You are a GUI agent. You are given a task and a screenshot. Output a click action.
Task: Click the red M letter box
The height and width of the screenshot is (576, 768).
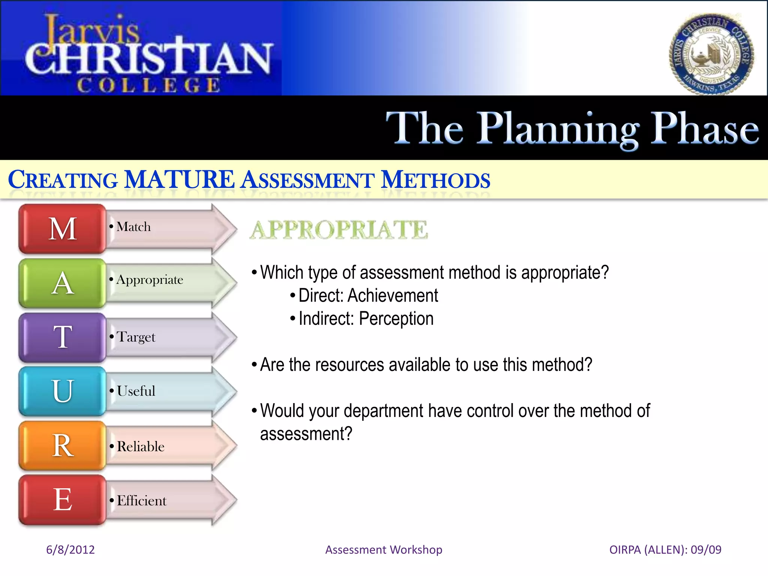tap(62, 229)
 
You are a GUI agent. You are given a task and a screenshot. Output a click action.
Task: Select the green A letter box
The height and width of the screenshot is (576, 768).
tap(62, 283)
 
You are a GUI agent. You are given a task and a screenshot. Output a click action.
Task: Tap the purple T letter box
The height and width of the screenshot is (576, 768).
tap(62, 337)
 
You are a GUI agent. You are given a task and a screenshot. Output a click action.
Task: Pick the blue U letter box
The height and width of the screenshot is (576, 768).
tap(62, 391)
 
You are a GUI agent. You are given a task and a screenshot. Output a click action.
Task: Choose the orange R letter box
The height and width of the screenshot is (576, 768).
tap(62, 445)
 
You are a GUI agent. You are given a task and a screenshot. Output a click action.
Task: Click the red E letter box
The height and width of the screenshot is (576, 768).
tap(62, 499)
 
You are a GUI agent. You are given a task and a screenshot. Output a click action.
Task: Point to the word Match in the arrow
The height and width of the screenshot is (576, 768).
tap(133, 227)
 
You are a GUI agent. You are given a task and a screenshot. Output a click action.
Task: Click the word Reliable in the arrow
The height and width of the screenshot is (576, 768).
tap(141, 447)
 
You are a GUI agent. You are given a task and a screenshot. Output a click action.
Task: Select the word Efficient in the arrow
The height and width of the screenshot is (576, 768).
tap(141, 501)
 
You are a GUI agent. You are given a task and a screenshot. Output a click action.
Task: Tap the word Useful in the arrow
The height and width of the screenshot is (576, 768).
tap(136, 391)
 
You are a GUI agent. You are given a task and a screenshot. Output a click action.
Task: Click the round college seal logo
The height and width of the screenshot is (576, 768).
tap(711, 54)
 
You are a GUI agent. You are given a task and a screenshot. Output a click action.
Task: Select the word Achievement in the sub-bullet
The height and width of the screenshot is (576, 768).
tap(393, 295)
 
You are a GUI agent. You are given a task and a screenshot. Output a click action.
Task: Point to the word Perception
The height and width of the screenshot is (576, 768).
tap(396, 319)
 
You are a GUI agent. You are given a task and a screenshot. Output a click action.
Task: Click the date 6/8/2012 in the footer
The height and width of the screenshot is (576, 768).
tap(70, 550)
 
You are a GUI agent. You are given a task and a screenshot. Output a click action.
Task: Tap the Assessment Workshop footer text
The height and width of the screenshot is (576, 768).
tap(384, 550)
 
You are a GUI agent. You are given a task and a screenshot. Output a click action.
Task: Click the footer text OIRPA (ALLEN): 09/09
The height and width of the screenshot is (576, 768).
tap(665, 550)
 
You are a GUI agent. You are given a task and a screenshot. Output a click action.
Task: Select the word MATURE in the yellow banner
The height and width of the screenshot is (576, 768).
tap(179, 180)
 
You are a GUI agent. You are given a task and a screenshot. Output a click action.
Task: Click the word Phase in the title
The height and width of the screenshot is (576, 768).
tap(704, 129)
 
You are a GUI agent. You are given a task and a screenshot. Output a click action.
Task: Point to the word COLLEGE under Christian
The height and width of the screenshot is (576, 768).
tap(148, 85)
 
